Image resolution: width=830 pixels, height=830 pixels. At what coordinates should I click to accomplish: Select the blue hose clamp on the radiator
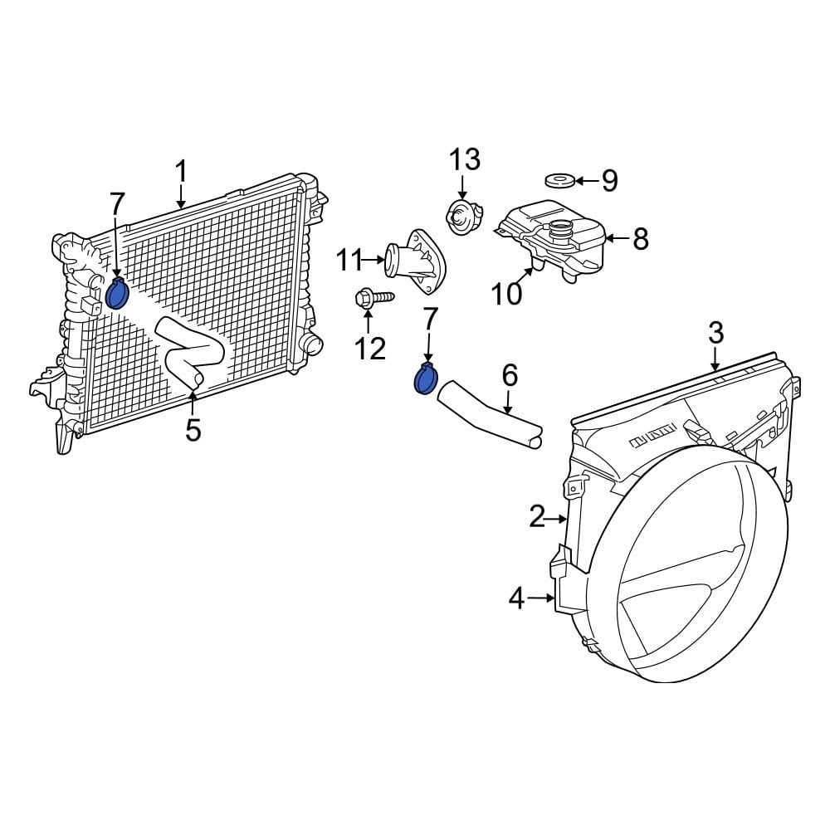(117, 294)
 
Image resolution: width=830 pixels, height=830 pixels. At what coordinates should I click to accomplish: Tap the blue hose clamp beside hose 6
(426, 379)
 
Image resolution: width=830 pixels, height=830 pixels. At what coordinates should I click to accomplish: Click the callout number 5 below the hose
(193, 430)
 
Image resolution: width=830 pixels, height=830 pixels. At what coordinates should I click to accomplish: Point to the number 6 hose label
(509, 375)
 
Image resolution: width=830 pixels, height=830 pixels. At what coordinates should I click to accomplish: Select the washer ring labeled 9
(559, 180)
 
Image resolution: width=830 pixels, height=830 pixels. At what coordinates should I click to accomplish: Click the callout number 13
(465, 159)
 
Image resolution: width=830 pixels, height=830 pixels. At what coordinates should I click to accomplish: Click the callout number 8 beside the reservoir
(640, 239)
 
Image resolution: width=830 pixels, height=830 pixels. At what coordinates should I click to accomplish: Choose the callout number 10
(506, 293)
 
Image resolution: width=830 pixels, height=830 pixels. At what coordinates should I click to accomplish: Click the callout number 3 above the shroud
(715, 334)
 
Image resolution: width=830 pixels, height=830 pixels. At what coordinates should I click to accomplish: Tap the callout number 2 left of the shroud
(537, 518)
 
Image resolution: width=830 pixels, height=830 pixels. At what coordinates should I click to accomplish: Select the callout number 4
(517, 597)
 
